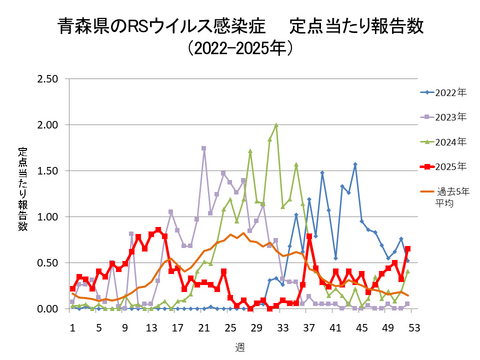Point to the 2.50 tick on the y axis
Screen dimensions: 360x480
point(47,79)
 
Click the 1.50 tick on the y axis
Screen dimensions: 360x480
point(47,171)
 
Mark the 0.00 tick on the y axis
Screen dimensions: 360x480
point(47,309)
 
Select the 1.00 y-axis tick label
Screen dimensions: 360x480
point(47,217)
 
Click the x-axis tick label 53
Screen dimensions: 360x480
point(413,326)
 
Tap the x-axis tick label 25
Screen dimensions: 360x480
point(230,326)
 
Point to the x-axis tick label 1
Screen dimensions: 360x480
point(72,326)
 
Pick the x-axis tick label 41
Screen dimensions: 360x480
point(335,326)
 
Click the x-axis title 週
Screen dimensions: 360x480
point(242,345)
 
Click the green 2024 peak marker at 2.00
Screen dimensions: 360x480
point(276,126)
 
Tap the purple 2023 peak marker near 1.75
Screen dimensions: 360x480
point(204,148)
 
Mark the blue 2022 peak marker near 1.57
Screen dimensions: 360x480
point(355,165)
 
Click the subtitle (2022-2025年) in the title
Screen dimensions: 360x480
point(240,47)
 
